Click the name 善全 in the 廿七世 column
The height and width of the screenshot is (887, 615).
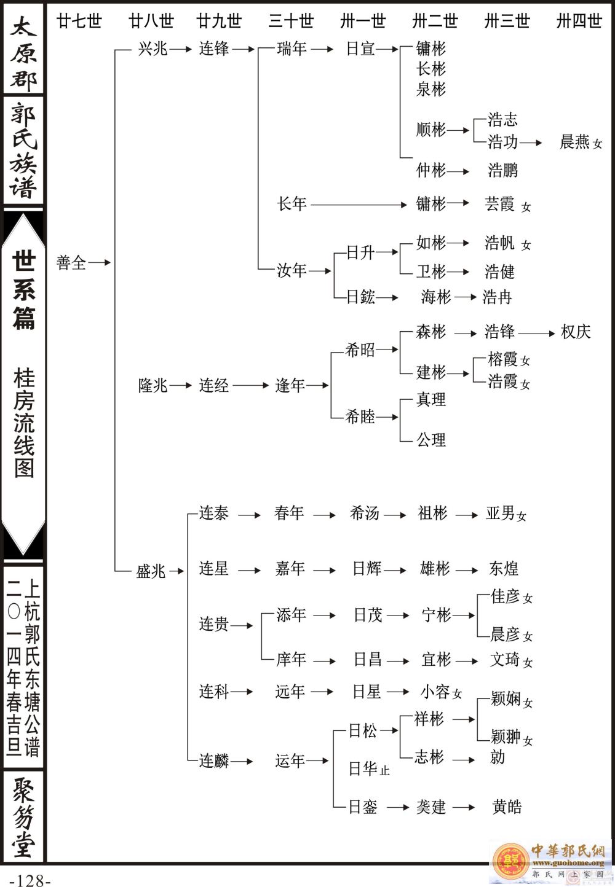click(x=71, y=263)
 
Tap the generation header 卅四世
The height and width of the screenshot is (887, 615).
click(x=579, y=21)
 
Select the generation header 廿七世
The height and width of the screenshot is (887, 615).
click(x=79, y=21)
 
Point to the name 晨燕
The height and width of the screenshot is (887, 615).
click(x=575, y=142)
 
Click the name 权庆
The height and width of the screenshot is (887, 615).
click(x=576, y=332)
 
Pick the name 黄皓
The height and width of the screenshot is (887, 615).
click(x=507, y=807)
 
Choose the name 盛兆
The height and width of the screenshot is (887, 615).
click(x=151, y=571)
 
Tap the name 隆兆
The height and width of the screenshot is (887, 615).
click(x=153, y=386)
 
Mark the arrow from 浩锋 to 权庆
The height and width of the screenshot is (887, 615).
click(x=536, y=333)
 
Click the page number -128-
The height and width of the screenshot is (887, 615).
click(x=30, y=880)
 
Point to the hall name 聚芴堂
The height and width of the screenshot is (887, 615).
click(x=23, y=817)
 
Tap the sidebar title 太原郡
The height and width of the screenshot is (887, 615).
click(x=23, y=52)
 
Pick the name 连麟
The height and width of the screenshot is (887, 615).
click(x=213, y=761)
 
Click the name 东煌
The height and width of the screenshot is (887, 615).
click(x=504, y=569)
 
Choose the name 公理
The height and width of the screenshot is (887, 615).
click(x=431, y=440)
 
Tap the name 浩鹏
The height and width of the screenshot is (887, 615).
click(x=503, y=170)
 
